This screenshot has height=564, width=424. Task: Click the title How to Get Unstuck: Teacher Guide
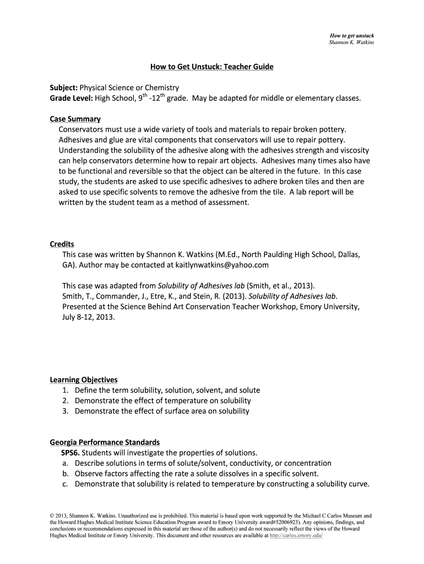click(212, 67)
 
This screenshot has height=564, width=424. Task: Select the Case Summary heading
click(75, 119)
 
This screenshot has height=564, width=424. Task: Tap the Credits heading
click(62, 244)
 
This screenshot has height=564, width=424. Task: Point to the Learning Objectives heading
click(84, 379)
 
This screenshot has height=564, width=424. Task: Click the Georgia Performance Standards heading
click(105, 442)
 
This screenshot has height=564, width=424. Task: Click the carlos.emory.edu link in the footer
click(297, 535)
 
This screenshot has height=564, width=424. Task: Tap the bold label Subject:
click(64, 88)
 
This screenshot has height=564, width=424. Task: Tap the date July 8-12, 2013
click(89, 317)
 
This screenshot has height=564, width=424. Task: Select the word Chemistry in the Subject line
click(161, 88)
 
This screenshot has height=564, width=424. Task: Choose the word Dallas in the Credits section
click(349, 254)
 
